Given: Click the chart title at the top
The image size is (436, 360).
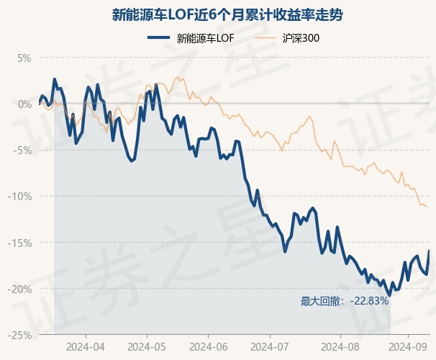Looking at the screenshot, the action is (x=227, y=14).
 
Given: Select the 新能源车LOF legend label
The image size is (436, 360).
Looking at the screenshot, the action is (x=205, y=38).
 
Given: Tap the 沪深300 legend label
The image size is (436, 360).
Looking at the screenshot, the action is (x=301, y=38).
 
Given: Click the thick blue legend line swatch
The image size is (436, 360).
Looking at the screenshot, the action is (x=158, y=38).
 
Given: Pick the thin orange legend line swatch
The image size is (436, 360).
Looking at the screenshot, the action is (x=265, y=38).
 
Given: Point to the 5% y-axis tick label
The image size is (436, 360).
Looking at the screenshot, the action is (x=24, y=58).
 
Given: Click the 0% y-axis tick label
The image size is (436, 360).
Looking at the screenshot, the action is (x=24, y=104).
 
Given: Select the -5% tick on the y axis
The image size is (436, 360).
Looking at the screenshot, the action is (x=22, y=150).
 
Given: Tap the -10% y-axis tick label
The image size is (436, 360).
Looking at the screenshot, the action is (x=19, y=197).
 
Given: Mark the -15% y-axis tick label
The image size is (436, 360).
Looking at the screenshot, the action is (x=19, y=243).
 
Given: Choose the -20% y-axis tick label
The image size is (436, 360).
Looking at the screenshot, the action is (x=19, y=289).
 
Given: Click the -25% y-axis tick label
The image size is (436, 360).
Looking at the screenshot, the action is (x=19, y=336).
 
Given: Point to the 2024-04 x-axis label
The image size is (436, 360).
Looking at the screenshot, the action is (x=86, y=347).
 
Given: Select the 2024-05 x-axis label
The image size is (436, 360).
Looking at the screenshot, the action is (x=147, y=347).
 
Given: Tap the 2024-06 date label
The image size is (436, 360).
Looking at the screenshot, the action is (x=208, y=347).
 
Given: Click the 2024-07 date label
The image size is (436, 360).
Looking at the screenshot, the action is (x=270, y=347).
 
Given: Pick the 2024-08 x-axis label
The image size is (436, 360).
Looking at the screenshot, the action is (x=340, y=347).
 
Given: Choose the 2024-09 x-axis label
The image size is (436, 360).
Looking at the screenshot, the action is (x=408, y=347).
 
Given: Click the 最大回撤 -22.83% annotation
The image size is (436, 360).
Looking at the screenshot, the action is (x=344, y=301).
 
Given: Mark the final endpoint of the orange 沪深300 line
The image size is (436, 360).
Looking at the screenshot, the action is (x=427, y=207).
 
